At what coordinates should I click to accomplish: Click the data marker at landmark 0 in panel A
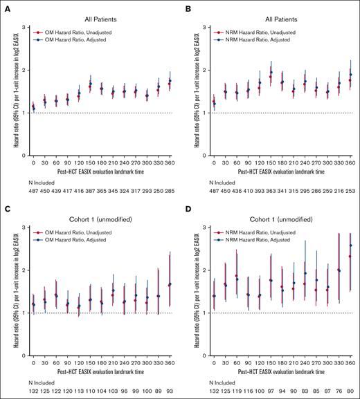[33, 108]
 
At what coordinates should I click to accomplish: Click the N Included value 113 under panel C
[78, 391]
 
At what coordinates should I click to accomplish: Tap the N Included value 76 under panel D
[339, 391]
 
